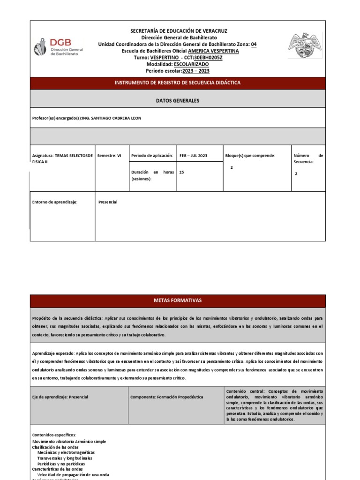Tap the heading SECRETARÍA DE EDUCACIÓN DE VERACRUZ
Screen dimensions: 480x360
(x=179, y=31)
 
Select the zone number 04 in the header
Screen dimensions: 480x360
(x=254, y=44)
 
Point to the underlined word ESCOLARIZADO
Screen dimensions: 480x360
(x=191, y=64)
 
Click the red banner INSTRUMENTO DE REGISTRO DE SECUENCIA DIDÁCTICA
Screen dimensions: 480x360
(x=178, y=83)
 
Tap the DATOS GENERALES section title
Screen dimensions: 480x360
(x=178, y=101)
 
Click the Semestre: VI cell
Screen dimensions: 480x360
(x=109, y=155)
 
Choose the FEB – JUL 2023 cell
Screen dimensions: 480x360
(x=193, y=155)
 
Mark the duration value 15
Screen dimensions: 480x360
(x=182, y=172)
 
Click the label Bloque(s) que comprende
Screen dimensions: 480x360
(x=250, y=155)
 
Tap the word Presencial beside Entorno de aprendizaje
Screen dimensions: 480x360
(x=108, y=202)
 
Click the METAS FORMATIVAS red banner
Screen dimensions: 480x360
(x=178, y=300)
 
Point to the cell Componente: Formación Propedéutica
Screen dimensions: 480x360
(x=167, y=397)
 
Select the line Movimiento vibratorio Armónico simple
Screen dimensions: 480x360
(x=69, y=442)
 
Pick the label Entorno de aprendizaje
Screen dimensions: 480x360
(x=54, y=202)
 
